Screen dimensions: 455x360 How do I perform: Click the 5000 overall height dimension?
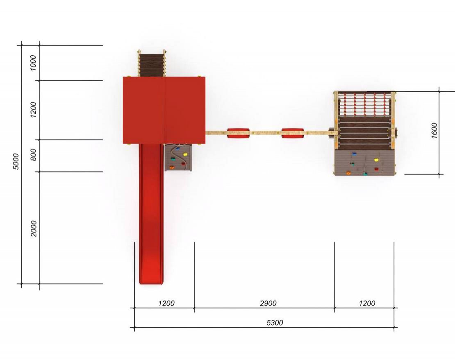16,162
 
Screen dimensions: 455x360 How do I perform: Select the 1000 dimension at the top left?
33,63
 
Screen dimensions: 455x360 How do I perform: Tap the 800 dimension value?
33,155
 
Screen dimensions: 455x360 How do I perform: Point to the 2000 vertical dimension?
34,229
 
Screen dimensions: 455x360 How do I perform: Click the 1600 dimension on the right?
434,131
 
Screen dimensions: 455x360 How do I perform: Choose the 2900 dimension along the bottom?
268,303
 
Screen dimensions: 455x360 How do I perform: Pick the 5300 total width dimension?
275,323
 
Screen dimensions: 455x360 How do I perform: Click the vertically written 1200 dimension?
33,110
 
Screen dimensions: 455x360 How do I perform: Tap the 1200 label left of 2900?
166,303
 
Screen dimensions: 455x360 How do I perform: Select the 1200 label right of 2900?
367,303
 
